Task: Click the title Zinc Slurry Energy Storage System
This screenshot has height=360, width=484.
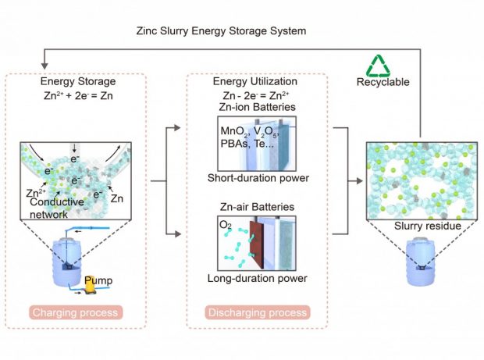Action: (x=222, y=31)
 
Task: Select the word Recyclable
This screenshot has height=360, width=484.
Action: (x=383, y=82)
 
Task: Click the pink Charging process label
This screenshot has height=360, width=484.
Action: (x=76, y=312)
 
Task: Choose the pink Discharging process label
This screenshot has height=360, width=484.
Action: (x=258, y=312)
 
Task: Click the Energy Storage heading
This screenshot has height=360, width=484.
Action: (x=78, y=81)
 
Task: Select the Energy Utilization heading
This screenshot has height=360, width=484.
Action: (x=255, y=81)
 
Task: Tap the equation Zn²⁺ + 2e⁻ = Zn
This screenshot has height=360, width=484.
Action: (x=78, y=96)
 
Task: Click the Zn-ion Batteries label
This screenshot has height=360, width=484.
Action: (x=257, y=107)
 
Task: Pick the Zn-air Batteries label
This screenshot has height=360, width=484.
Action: (x=257, y=207)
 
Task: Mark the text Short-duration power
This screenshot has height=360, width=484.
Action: (x=258, y=178)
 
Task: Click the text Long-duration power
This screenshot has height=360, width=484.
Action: (x=257, y=279)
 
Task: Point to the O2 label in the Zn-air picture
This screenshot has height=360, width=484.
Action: (x=226, y=225)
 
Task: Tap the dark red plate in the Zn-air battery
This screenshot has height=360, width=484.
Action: (x=256, y=244)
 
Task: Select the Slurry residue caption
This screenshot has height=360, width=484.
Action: (x=428, y=226)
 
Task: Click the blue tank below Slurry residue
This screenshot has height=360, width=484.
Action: (x=420, y=262)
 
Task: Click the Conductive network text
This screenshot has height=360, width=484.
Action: (x=57, y=208)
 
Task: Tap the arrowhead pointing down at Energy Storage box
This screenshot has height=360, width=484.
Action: (x=44, y=66)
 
